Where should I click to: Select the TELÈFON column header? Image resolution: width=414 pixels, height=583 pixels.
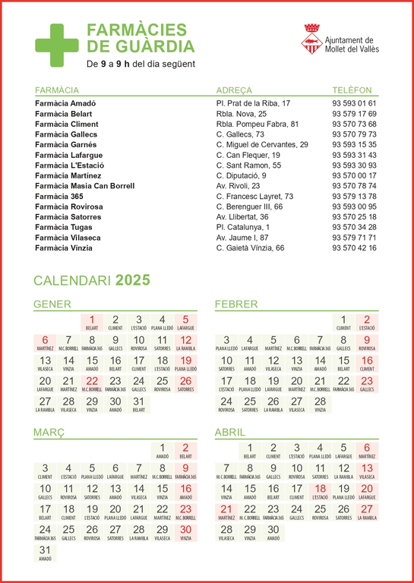coord(352,90)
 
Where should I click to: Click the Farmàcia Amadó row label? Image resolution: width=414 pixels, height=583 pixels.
coord(65,103)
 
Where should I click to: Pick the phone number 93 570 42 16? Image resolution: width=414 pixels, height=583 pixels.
coord(354,247)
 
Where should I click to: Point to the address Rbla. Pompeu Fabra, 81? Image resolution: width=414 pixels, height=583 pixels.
coord(258,124)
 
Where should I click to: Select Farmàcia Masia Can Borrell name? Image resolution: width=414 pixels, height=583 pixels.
coord(84,186)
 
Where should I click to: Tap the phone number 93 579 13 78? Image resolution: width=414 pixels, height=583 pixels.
coord(354,196)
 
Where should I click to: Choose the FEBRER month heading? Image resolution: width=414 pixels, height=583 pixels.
coord(235,305)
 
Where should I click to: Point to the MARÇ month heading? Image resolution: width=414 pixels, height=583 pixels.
coord(49,433)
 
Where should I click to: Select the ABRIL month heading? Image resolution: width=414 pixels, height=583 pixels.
coord(230,433)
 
